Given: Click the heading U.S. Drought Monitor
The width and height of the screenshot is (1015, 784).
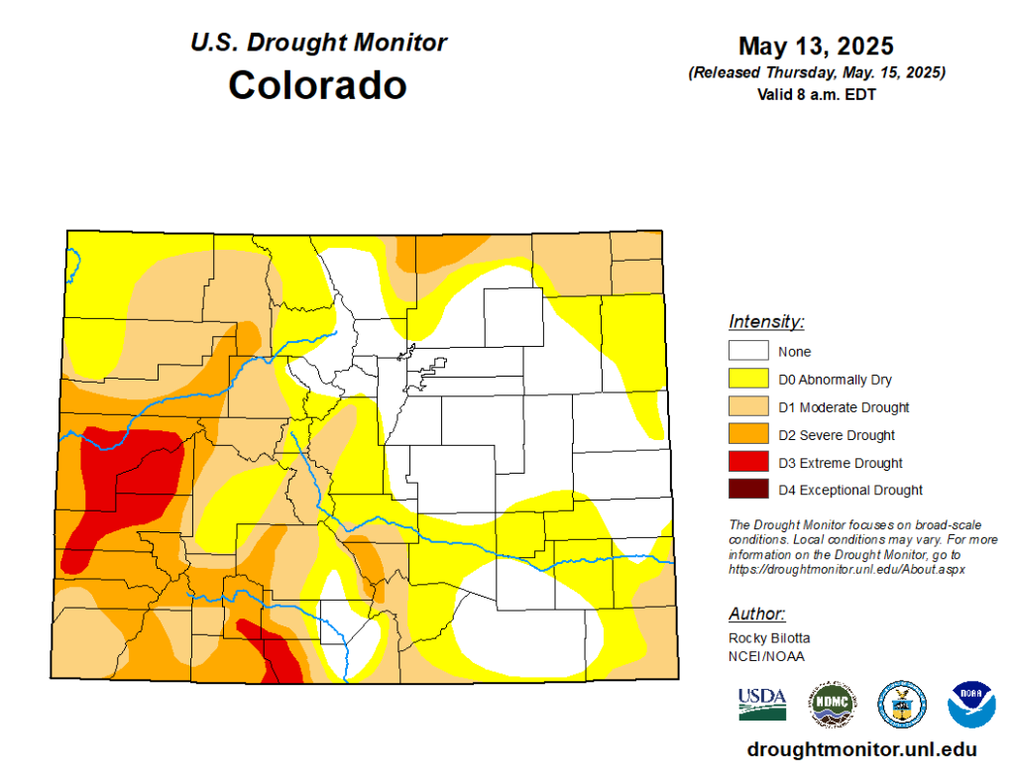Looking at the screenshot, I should pyautogui.click(x=317, y=43).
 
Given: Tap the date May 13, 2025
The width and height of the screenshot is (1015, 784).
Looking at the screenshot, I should pyautogui.click(x=816, y=47).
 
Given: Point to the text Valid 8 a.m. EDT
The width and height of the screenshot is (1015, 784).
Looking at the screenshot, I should pyautogui.click(x=816, y=95).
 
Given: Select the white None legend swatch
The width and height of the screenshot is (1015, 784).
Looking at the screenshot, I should pyautogui.click(x=748, y=351).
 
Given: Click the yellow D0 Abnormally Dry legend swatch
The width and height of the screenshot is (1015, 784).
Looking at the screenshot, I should pyautogui.click(x=748, y=379).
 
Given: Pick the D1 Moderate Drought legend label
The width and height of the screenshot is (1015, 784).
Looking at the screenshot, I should pyautogui.click(x=844, y=407).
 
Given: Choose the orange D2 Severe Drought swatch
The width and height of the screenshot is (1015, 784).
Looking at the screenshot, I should pyautogui.click(x=748, y=434).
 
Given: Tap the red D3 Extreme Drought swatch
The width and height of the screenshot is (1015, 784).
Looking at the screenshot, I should pyautogui.click(x=748, y=462).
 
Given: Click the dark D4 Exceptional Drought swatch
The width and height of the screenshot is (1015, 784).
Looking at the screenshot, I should pyautogui.click(x=748, y=490).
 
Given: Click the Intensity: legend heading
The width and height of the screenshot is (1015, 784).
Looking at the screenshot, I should pyautogui.click(x=766, y=322).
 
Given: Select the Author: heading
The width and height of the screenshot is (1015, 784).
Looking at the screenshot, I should pyautogui.click(x=757, y=614).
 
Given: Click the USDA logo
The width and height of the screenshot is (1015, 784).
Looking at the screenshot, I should pyautogui.click(x=761, y=704).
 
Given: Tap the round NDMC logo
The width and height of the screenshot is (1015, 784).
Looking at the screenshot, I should pyautogui.click(x=832, y=705).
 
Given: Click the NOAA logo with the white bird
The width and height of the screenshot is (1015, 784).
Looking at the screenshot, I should pyautogui.click(x=971, y=705).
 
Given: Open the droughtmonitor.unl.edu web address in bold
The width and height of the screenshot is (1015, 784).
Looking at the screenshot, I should pyautogui.click(x=861, y=749).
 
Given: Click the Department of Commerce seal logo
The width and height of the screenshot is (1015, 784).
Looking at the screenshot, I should pyautogui.click(x=901, y=705).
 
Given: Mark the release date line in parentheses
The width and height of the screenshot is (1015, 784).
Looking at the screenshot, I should pyautogui.click(x=816, y=73).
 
